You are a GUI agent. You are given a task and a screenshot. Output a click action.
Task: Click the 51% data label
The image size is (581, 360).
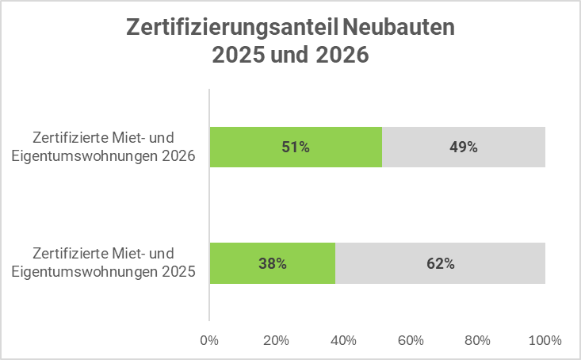click(295, 147)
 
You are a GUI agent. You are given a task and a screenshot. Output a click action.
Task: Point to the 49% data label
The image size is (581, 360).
click(464, 147)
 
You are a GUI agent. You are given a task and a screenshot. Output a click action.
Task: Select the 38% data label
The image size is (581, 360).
click(272, 263)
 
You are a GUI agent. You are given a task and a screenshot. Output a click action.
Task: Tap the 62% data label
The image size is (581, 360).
click(440, 263)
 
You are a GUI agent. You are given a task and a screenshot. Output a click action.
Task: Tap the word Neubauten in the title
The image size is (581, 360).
click(400, 29)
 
